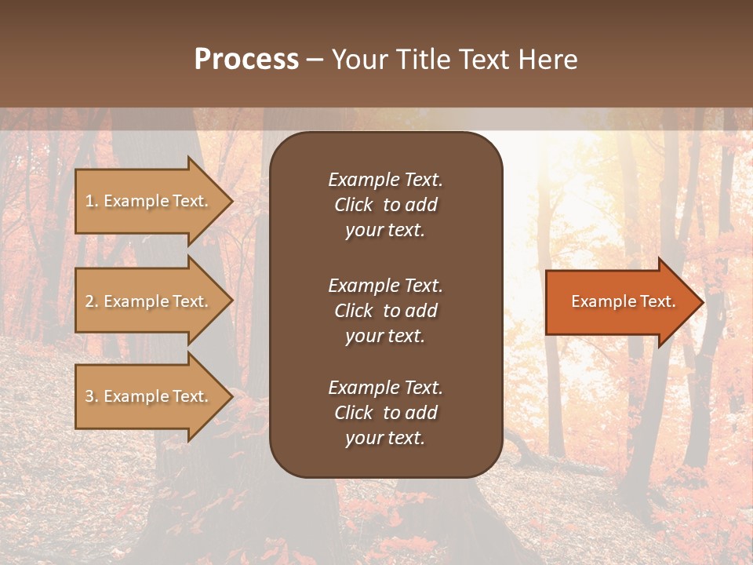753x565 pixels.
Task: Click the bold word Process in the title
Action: (x=246, y=60)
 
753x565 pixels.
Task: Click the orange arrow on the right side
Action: (x=620, y=302)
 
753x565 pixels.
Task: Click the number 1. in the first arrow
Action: (x=92, y=202)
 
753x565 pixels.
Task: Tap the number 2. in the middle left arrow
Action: (x=92, y=302)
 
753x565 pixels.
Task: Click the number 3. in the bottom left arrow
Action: (x=92, y=397)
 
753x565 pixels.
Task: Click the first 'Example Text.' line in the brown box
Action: (x=385, y=180)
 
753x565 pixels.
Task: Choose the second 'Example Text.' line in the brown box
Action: (x=385, y=286)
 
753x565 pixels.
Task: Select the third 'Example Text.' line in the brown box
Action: (x=385, y=388)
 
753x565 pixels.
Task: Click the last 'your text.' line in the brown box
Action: (x=385, y=439)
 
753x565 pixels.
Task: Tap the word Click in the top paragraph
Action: (x=353, y=205)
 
